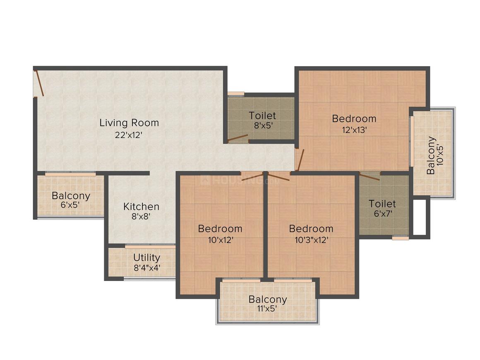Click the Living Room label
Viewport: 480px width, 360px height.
[129, 123]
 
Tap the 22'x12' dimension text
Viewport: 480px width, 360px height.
[129, 135]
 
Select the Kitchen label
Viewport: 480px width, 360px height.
[141, 206]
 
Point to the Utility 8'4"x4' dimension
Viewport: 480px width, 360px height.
[147, 268]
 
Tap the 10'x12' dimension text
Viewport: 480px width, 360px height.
[221, 240]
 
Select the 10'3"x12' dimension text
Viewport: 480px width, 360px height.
[311, 240]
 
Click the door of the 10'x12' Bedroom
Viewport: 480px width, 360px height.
[252, 177]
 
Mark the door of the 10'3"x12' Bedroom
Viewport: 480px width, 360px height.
[278, 177]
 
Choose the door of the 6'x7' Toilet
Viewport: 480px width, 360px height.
[370, 177]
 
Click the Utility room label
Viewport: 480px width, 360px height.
[146, 257]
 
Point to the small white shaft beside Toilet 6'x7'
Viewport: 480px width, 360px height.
[420, 217]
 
